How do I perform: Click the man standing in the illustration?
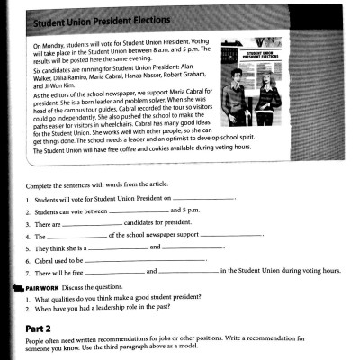click(237, 96)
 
